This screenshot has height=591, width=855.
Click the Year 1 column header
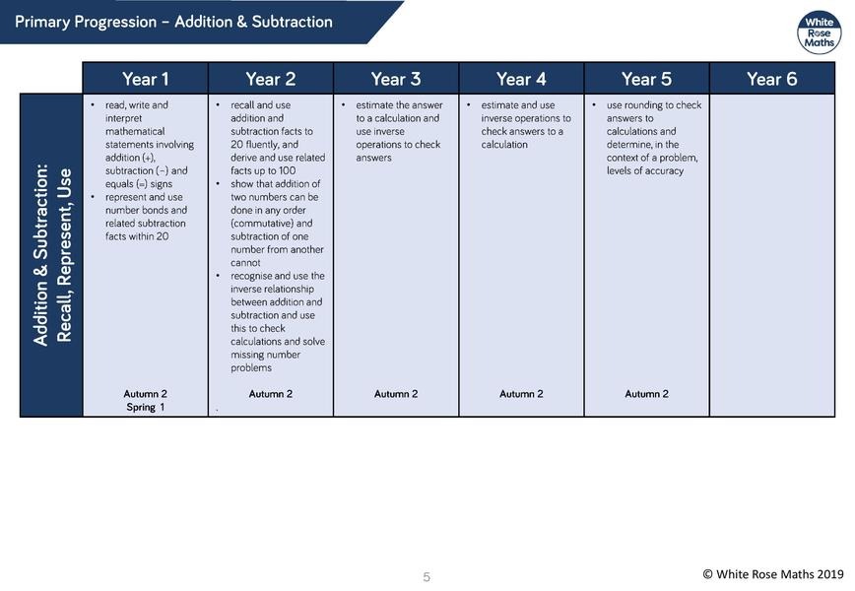coord(146,79)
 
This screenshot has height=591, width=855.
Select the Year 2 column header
coord(271,79)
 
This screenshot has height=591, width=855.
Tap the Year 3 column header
coord(396,79)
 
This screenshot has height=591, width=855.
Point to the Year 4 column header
coord(521,79)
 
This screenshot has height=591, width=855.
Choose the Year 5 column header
coord(646,79)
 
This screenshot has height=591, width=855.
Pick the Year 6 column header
coord(772,79)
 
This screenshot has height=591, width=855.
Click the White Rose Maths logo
coord(819,32)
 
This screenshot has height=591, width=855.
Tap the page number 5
coord(427,577)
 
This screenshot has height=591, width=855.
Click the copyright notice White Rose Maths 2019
coord(773,574)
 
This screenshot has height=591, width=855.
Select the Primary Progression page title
coord(174,22)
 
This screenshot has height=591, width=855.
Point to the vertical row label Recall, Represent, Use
coord(52,254)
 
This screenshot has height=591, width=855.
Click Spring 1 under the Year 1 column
coord(146,407)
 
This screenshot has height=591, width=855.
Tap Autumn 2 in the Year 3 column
coord(396,394)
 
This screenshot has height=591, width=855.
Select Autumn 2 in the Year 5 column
coord(646,394)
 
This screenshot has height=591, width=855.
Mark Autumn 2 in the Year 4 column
coord(521,394)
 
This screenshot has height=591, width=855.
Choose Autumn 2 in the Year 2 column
coord(271,394)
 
